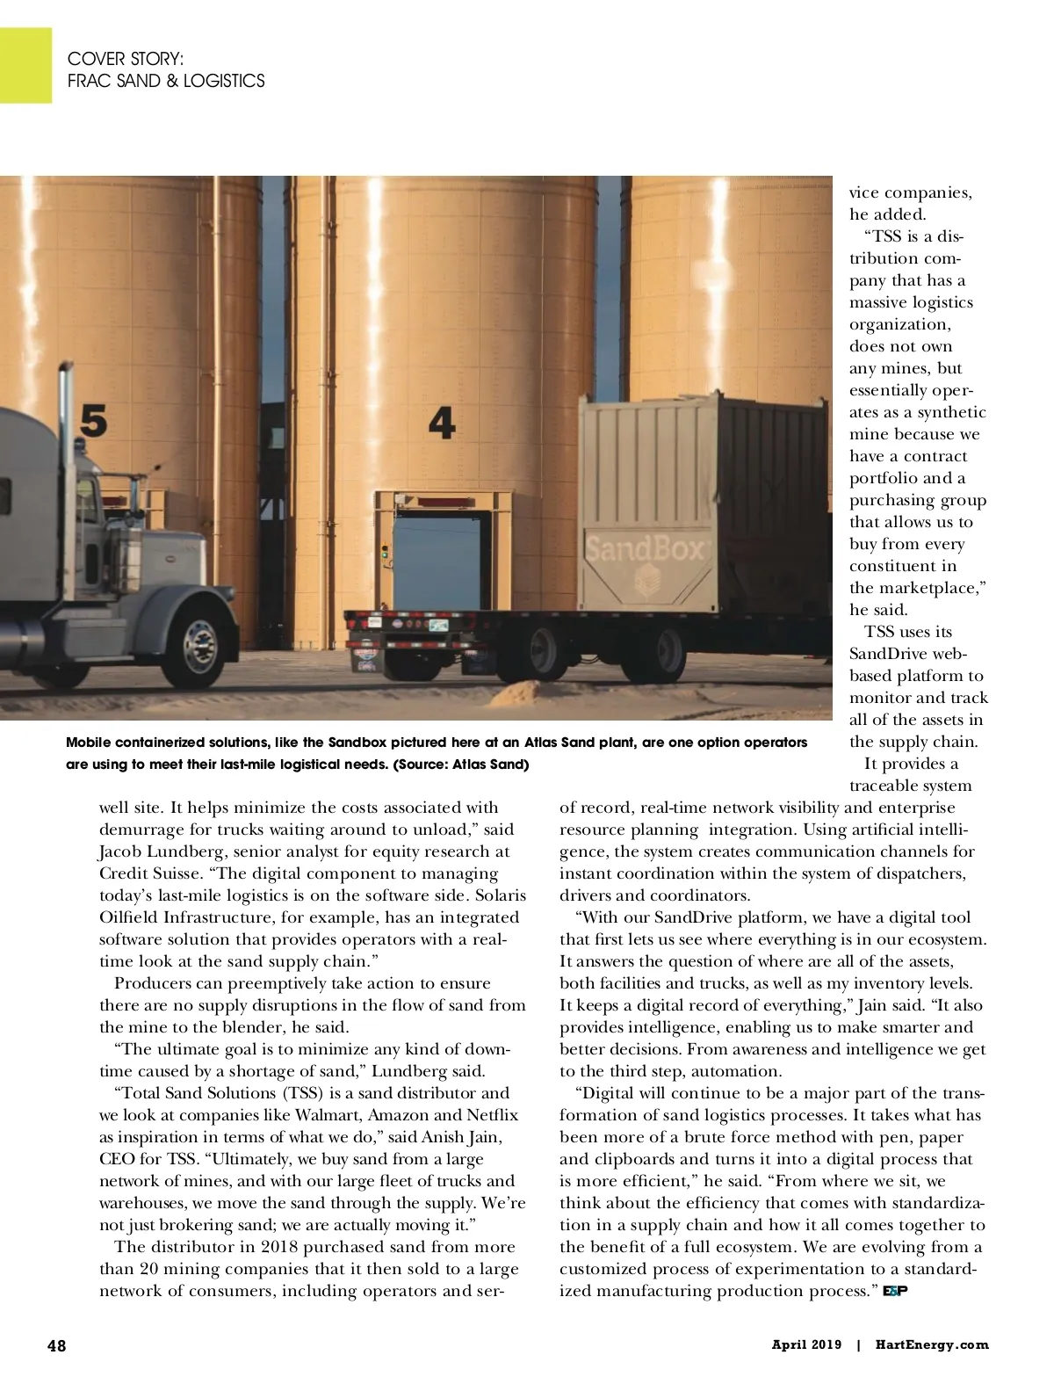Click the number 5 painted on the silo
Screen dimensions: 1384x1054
[x=94, y=421]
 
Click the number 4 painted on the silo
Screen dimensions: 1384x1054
[x=442, y=423]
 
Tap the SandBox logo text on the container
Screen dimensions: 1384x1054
[x=646, y=549]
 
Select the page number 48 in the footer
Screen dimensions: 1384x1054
[x=56, y=1345]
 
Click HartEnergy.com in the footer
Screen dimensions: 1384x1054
[x=931, y=1344]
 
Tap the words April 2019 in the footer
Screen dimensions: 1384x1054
[x=806, y=1344]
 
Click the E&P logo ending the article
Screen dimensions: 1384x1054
[x=894, y=1291]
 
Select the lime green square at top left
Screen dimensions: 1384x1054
[x=25, y=65]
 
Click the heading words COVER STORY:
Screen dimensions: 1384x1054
[x=126, y=59]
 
